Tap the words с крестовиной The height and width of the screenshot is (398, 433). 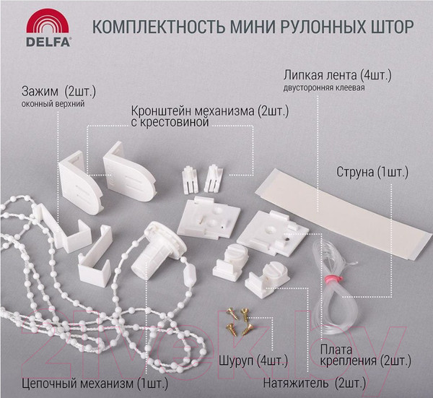click(170, 124)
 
